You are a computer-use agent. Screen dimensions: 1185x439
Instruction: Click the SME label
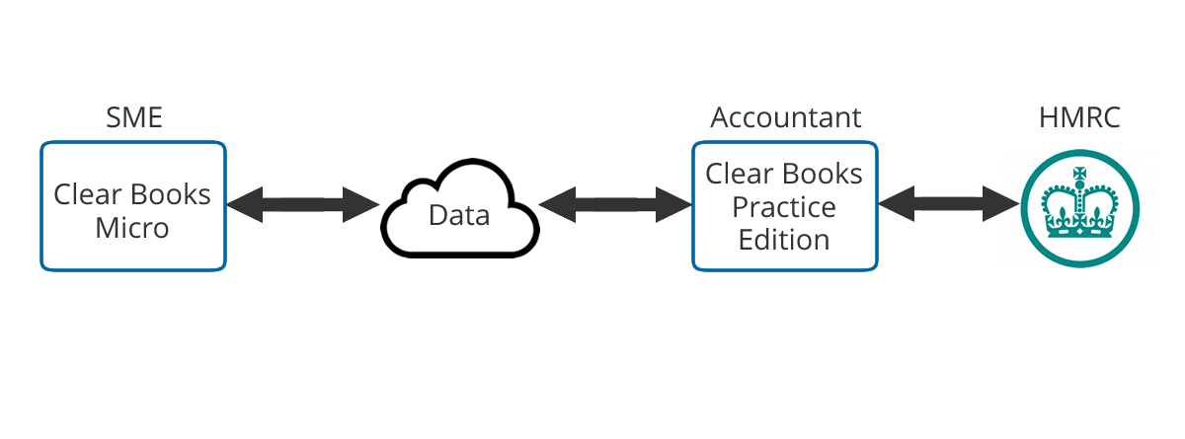pos(134,117)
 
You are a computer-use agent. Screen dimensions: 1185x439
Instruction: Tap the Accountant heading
pos(786,117)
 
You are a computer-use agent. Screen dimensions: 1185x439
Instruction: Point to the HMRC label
pos(1079,117)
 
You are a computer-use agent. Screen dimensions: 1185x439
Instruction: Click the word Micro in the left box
pos(132,228)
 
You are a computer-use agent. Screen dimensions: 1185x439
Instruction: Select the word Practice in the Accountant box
pos(784,207)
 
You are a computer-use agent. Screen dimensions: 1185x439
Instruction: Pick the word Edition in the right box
pos(784,240)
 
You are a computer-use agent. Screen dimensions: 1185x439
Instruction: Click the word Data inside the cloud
pos(459,215)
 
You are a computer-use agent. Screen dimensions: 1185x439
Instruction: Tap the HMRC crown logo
pos(1079,208)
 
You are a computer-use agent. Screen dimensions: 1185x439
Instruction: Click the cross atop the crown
pos(1079,174)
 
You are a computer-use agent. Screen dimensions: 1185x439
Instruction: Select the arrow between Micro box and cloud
pos(303,204)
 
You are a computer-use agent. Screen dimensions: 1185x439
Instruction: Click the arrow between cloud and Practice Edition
pos(615,204)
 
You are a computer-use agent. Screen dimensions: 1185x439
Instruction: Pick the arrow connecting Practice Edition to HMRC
pos(949,204)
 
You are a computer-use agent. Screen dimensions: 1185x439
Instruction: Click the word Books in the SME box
pos(171,194)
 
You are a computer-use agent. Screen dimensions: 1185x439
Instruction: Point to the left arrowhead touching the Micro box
pos(245,204)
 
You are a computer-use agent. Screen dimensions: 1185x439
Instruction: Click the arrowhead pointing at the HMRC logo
pos(1001,204)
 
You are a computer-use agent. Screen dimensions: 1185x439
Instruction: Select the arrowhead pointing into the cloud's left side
pos(361,204)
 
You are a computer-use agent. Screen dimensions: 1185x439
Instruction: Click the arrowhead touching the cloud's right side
pos(557,204)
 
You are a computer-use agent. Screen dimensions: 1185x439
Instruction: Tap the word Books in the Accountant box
pos(823,174)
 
